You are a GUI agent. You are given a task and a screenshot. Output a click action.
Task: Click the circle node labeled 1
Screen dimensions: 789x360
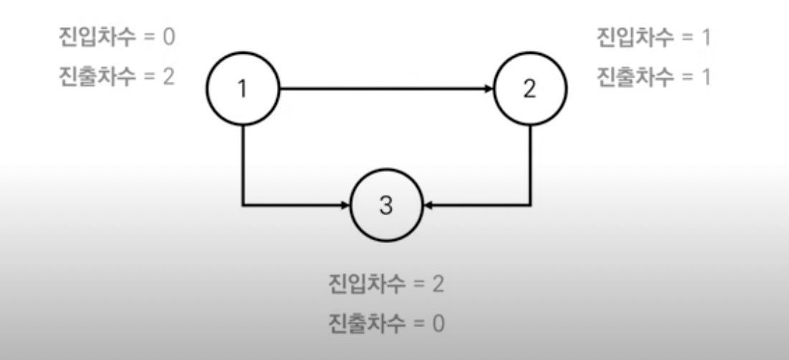coord(242,89)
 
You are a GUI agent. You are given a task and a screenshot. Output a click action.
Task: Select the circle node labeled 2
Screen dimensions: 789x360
coord(529,89)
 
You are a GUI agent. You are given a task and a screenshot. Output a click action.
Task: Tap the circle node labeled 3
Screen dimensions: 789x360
coord(386,206)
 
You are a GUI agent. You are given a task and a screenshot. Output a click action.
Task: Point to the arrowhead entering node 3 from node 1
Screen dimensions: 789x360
coord(345,206)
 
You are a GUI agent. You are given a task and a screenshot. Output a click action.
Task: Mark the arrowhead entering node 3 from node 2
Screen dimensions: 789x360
coord(427,206)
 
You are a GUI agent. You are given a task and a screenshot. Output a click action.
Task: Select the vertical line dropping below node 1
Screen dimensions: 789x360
coord(243,165)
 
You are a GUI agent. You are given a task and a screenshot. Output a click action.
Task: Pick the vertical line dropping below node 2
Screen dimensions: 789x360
coord(530,165)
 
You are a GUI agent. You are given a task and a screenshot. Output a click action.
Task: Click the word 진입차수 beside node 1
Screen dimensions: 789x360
coord(96,36)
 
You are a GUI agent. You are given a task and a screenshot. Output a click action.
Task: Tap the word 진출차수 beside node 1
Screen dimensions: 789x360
coord(96,76)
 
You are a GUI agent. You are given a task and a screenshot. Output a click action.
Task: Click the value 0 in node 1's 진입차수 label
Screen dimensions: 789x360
coord(167,36)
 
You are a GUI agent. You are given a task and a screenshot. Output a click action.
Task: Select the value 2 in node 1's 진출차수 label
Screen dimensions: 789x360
coord(167,76)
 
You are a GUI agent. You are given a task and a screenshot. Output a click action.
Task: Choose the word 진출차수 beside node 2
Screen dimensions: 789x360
coord(635,76)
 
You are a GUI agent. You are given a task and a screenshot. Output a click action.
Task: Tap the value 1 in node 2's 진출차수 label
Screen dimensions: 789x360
coord(706,76)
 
